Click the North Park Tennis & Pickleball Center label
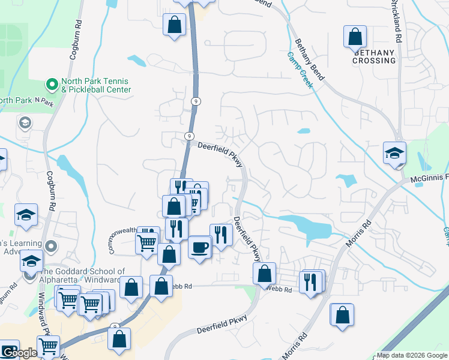coord(96,85)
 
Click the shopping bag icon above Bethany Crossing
coord(355,37)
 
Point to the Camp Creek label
coord(300,70)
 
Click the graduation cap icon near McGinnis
coord(394,152)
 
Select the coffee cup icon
coord(199,246)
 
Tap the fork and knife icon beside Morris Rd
coord(310,281)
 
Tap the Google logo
coord(19,353)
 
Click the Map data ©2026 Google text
coord(412,355)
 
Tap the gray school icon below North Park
coord(26,124)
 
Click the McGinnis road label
coord(430,178)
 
